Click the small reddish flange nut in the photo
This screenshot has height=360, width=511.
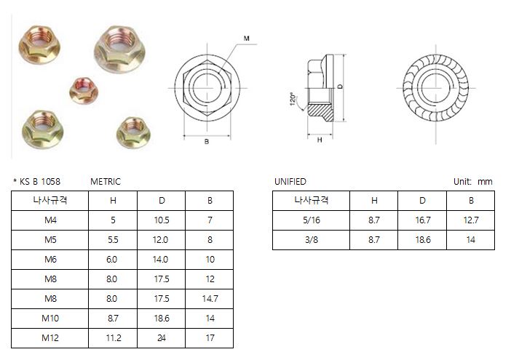84,90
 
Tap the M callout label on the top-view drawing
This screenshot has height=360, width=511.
246,39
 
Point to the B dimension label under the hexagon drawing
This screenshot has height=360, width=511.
207,142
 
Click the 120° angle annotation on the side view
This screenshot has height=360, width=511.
293,99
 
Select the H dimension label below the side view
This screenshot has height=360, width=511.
320,140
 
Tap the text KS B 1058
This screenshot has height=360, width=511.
40,182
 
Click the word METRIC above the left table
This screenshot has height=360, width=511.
106,182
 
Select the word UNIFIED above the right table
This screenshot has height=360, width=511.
290,182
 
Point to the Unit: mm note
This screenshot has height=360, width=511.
473,182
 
